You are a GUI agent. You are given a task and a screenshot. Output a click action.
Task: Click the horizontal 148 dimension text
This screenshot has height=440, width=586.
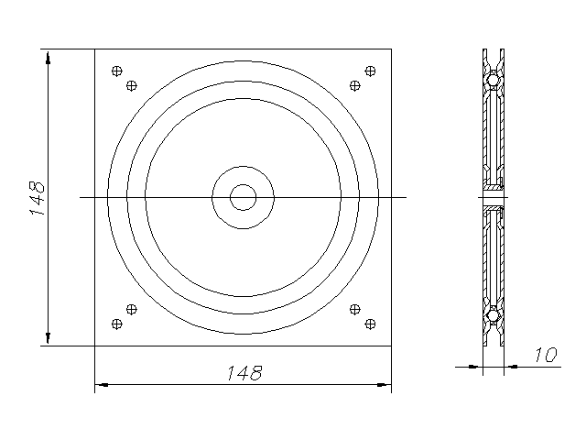click(x=244, y=373)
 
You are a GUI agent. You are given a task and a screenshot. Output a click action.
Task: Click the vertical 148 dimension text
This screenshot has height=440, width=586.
click(x=37, y=198)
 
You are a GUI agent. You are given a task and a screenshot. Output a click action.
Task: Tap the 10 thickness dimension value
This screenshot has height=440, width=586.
click(x=546, y=355)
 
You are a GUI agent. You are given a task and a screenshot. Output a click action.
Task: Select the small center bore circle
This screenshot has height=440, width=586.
click(x=243, y=197)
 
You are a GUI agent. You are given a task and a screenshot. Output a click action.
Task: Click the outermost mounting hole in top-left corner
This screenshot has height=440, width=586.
click(x=117, y=71)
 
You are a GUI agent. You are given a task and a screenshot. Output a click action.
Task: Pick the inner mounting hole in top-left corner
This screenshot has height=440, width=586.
click(x=132, y=85)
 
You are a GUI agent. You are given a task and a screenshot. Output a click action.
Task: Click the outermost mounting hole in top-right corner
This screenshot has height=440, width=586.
click(x=370, y=71)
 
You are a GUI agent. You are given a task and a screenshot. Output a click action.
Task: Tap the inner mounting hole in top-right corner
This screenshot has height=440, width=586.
click(x=355, y=85)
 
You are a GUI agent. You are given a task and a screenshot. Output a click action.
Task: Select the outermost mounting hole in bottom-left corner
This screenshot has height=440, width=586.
click(x=117, y=324)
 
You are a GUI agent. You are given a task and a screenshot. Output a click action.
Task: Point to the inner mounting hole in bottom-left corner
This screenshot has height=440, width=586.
click(x=132, y=310)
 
